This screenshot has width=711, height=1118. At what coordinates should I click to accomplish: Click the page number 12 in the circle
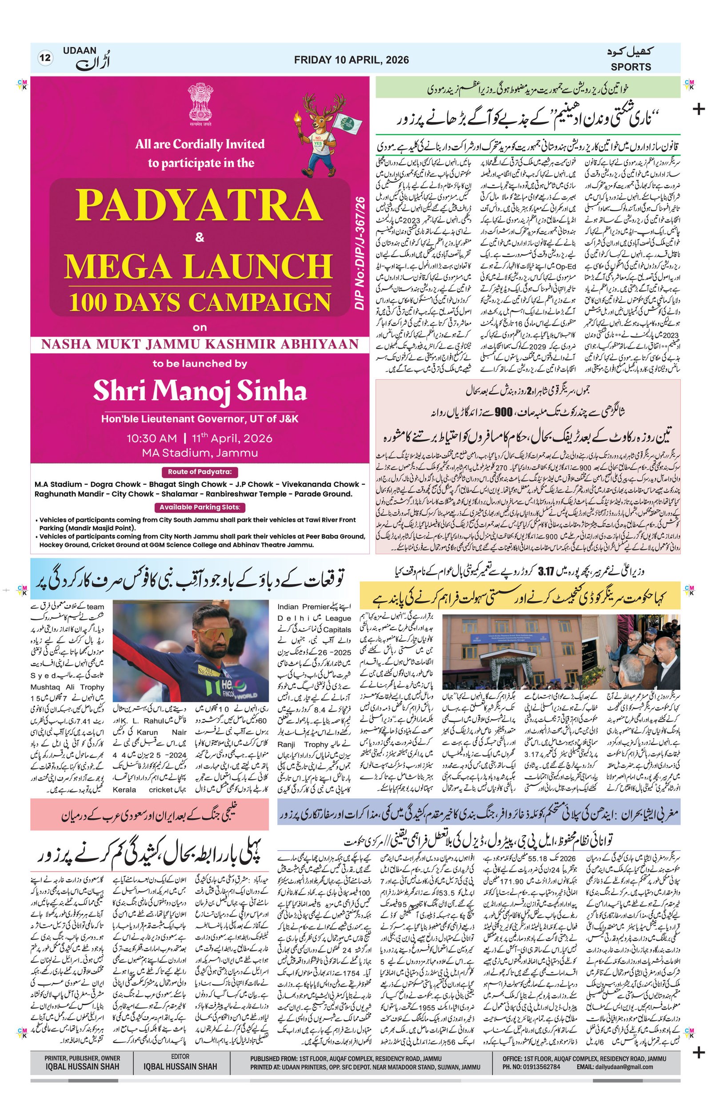pyautogui.click(x=45, y=58)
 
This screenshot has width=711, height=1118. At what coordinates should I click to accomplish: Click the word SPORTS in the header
pyautogui.click(x=630, y=67)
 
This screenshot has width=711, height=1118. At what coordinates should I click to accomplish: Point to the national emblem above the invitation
pyautogui.click(x=200, y=103)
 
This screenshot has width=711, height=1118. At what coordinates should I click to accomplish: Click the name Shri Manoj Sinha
pyautogui.click(x=200, y=390)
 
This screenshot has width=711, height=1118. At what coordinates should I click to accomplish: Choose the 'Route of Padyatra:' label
pyautogui.click(x=200, y=472)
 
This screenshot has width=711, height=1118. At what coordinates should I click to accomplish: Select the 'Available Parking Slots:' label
pyautogui.click(x=200, y=507)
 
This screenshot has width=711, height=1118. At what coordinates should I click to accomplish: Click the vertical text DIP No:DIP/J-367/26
pyautogui.click(x=360, y=253)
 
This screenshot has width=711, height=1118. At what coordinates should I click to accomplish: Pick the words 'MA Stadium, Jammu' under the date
pyautogui.click(x=200, y=452)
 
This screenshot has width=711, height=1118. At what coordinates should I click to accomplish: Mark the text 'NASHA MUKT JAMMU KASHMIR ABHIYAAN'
pyautogui.click(x=200, y=345)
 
